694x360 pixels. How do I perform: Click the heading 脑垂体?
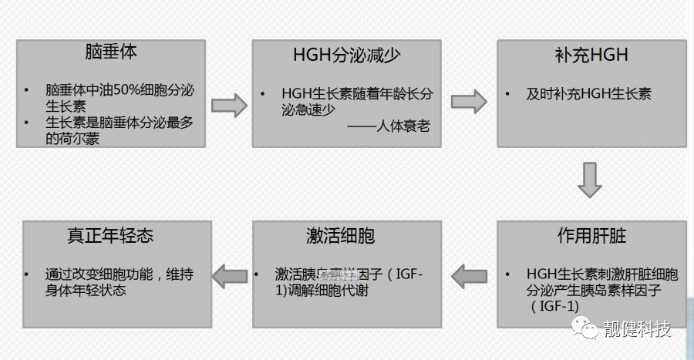tap(111, 53)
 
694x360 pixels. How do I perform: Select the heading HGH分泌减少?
tap(346, 55)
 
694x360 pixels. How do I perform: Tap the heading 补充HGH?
tap(591, 55)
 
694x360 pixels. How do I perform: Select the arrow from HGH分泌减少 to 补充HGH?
tap(469, 101)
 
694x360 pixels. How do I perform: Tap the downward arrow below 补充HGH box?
tap(591, 180)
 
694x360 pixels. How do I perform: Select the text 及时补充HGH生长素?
tap(588, 94)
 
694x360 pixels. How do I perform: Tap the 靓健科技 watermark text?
tap(638, 330)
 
